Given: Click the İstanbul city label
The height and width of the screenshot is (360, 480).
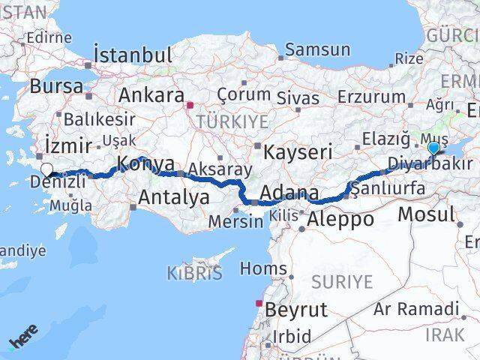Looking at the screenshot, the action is pyautogui.click(x=133, y=55).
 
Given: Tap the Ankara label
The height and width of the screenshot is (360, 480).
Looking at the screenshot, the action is pyautogui.click(x=151, y=96).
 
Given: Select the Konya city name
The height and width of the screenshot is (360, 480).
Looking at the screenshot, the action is pyautogui.click(x=147, y=164).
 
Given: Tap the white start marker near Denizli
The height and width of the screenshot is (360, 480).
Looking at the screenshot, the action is pyautogui.click(x=47, y=170).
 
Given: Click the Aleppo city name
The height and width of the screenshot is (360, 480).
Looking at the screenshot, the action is pyautogui.click(x=340, y=220).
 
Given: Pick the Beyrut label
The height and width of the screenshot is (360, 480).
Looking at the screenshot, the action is pyautogui.click(x=297, y=309).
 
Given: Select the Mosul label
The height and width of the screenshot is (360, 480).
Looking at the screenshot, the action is pyautogui.click(x=425, y=214).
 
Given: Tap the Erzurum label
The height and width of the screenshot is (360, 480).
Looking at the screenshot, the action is pyautogui.click(x=371, y=96).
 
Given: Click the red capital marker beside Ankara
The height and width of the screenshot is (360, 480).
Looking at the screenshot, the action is pyautogui.click(x=190, y=106).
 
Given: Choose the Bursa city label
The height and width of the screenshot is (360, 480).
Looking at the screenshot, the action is pyautogui.click(x=58, y=86).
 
